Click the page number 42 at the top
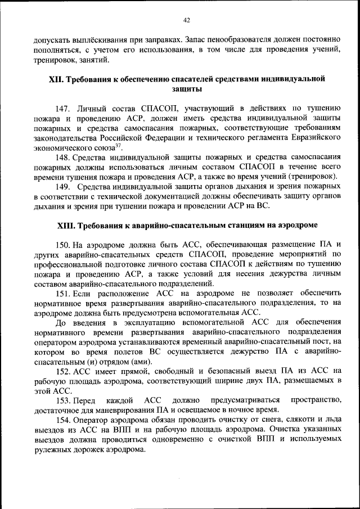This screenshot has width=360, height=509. (x=187, y=20)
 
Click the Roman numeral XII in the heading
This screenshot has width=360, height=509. (x=56, y=79)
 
